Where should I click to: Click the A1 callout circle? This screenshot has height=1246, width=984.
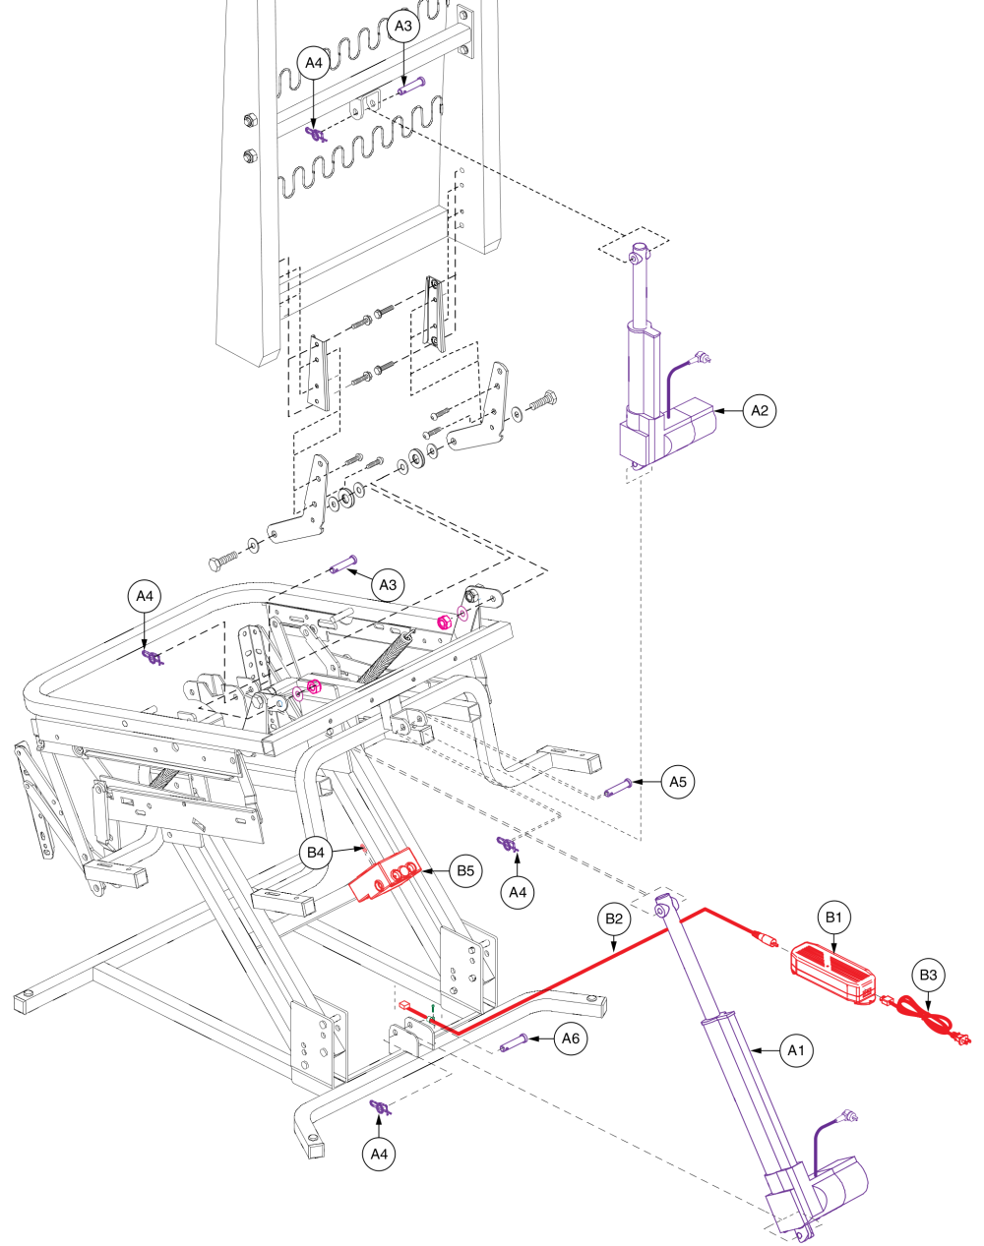tap(797, 1050)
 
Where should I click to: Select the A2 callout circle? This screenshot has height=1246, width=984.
tap(759, 410)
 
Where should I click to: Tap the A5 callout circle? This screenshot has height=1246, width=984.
tap(677, 782)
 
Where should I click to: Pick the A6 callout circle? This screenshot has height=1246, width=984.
tap(571, 1038)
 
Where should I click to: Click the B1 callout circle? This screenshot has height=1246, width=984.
tap(834, 918)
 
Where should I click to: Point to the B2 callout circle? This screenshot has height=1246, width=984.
tap(614, 920)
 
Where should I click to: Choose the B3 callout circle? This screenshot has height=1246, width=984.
tap(929, 975)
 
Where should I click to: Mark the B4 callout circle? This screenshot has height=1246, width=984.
tap(315, 853)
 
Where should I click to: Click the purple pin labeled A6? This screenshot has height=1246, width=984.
tap(515, 1041)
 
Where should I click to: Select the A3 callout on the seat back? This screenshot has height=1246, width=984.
tap(403, 28)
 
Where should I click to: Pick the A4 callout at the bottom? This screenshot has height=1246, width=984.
tap(380, 1155)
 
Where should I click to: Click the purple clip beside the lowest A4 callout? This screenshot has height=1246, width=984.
tap(379, 1109)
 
